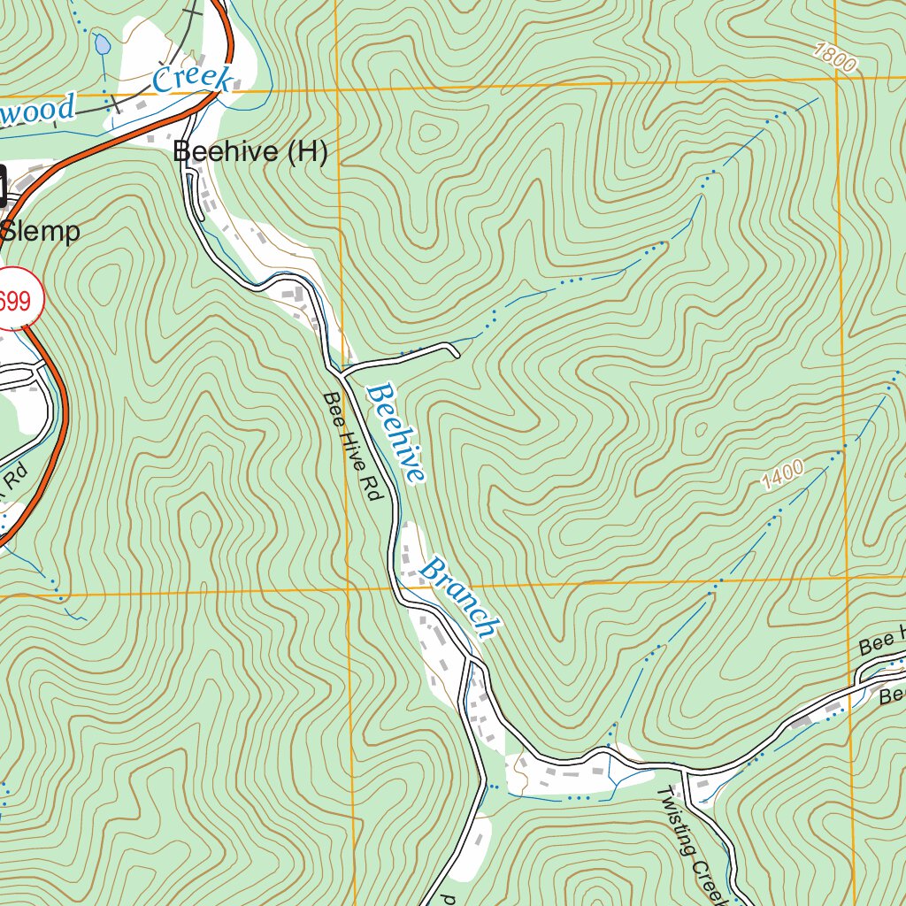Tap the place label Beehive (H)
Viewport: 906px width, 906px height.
[x=250, y=152]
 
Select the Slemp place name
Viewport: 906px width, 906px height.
[x=41, y=232]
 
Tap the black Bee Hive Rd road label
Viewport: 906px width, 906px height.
[x=350, y=447]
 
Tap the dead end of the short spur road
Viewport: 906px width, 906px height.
[x=457, y=356]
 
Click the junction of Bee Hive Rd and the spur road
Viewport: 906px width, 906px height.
[x=341, y=367]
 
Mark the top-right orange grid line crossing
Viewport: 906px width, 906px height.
[x=836, y=77]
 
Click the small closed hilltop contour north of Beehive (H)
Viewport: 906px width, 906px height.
[x=430, y=133]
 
